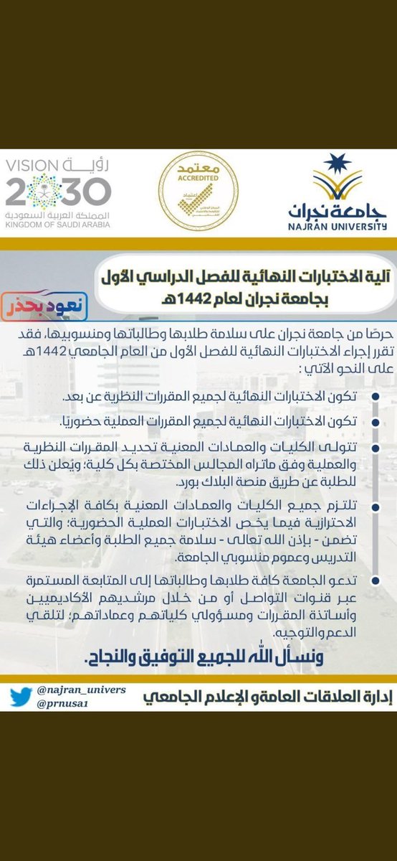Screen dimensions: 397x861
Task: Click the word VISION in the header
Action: pos(33,166)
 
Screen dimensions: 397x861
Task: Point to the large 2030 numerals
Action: pos(59,192)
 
